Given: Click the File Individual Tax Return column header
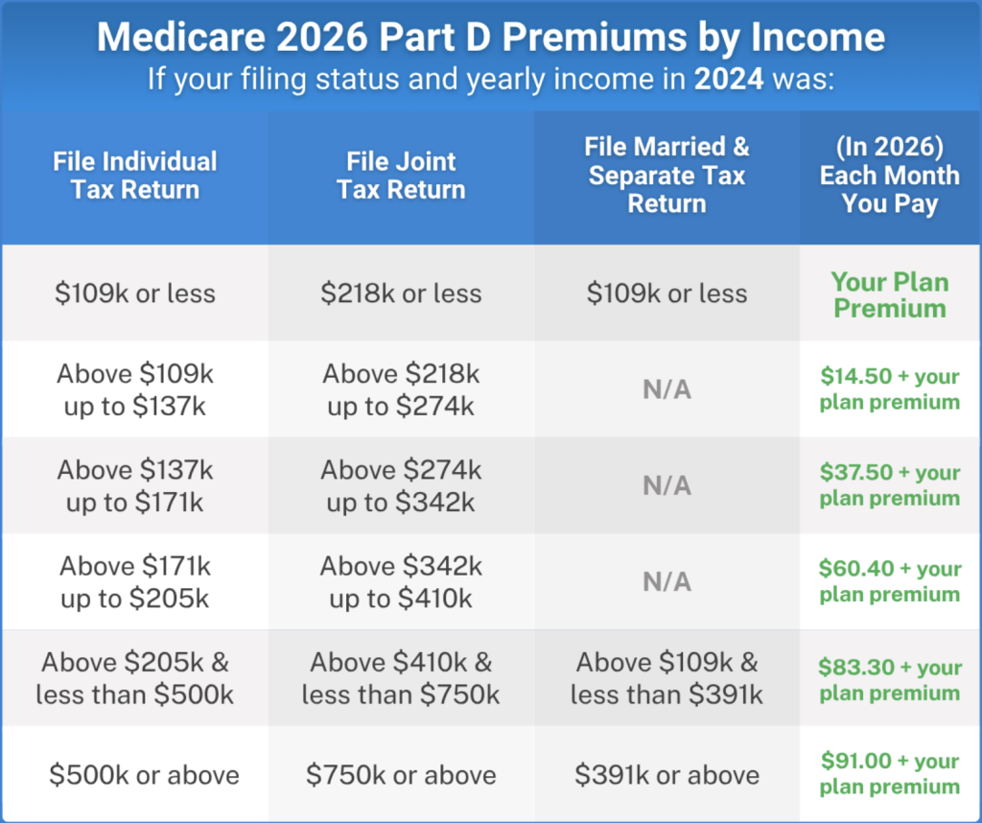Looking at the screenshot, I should point(134,176).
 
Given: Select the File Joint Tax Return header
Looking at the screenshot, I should point(401,176).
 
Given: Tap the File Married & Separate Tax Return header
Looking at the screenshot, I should point(666,176).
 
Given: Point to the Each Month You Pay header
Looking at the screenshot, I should point(889,176).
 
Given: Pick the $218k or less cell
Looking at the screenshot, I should point(401,294).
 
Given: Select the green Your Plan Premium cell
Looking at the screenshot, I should point(889,295).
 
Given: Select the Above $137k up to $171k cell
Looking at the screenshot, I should point(134,485).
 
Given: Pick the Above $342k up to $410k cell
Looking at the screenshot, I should point(401,582).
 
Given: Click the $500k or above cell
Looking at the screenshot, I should point(144,775).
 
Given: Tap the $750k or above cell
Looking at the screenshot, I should point(401,775).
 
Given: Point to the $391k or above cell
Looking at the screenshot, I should point(666,775).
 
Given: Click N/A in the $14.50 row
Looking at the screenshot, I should point(666,389).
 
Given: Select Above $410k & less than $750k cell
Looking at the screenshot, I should point(401,679).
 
